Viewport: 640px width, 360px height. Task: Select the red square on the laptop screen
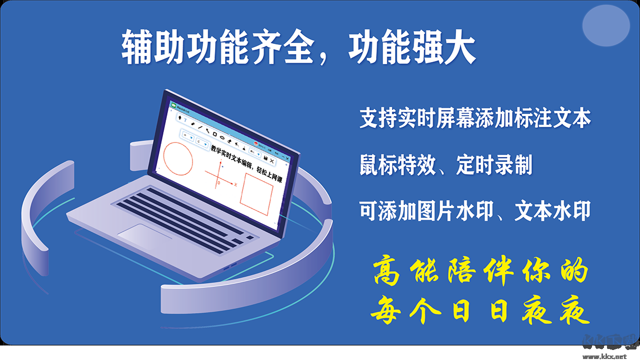[x=256, y=194]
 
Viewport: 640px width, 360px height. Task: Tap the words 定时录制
[x=494, y=165]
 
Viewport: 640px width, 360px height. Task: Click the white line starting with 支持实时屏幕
[x=475, y=119]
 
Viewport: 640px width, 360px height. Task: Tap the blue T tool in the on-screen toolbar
[x=185, y=120]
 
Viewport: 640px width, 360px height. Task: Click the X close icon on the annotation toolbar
[x=272, y=161]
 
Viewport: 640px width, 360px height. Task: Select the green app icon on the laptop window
[x=173, y=105]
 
